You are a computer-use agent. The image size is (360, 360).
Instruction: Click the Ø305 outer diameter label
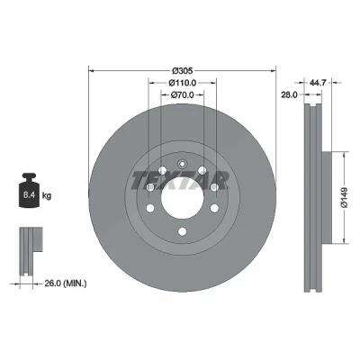click(182, 71)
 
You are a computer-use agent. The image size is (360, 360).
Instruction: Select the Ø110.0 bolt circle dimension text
click(182, 82)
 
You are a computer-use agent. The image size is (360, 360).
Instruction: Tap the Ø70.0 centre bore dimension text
click(182, 95)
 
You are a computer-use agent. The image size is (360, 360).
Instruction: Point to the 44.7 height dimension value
click(318, 82)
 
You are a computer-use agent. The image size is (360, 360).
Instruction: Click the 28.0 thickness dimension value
click(289, 95)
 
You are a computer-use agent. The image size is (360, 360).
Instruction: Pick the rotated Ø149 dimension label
click(344, 197)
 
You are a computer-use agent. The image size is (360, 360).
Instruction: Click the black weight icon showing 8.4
click(29, 190)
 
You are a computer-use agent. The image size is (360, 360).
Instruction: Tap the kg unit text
click(47, 196)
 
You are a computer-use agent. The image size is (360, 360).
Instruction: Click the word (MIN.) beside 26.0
click(75, 283)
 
